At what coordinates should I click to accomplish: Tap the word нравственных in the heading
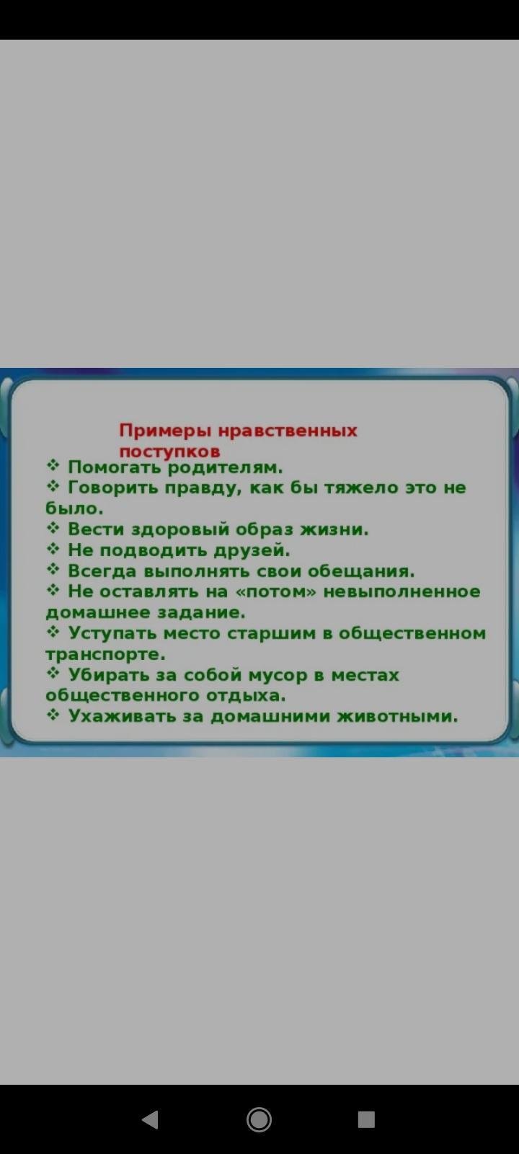tap(288, 430)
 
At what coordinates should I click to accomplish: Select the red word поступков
tap(170, 452)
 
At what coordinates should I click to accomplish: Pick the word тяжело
tap(361, 488)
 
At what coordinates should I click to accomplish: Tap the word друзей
tap(252, 551)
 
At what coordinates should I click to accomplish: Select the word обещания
tap(361, 571)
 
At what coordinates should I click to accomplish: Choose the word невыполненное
tap(402, 591)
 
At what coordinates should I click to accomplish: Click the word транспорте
tap(105, 655)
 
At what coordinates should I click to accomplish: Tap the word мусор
tap(277, 675)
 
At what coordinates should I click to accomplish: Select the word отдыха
tap(246, 696)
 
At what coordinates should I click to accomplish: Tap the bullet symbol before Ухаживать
tap(53, 715)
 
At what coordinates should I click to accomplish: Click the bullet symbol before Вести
tap(53, 527)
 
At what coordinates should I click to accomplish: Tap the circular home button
tap(259, 1119)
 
